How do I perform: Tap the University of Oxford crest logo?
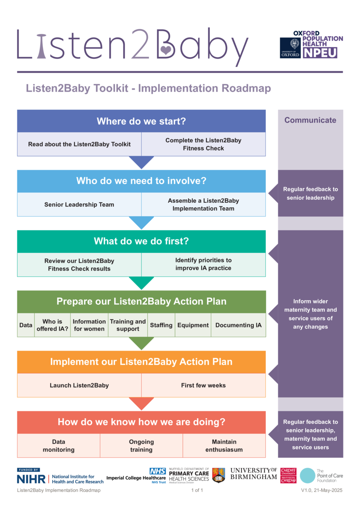point(290,48)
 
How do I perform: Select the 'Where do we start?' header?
point(141,121)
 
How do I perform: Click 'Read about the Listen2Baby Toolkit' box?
point(79,144)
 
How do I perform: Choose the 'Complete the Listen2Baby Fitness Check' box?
point(203,144)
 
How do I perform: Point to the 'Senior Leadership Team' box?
point(79,204)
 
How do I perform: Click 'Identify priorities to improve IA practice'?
point(203,264)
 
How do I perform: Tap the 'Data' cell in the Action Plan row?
point(25,325)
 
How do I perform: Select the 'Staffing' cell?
point(161,325)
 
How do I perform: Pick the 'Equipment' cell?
point(193,325)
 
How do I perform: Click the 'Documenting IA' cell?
point(238,325)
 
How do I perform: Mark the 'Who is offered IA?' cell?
point(52,325)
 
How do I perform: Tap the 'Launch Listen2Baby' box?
point(79,386)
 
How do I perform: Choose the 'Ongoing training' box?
point(141,445)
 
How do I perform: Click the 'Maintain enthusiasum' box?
point(224,445)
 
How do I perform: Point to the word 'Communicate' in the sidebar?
point(310,120)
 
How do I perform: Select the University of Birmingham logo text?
point(253,474)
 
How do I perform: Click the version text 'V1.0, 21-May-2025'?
point(322,491)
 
